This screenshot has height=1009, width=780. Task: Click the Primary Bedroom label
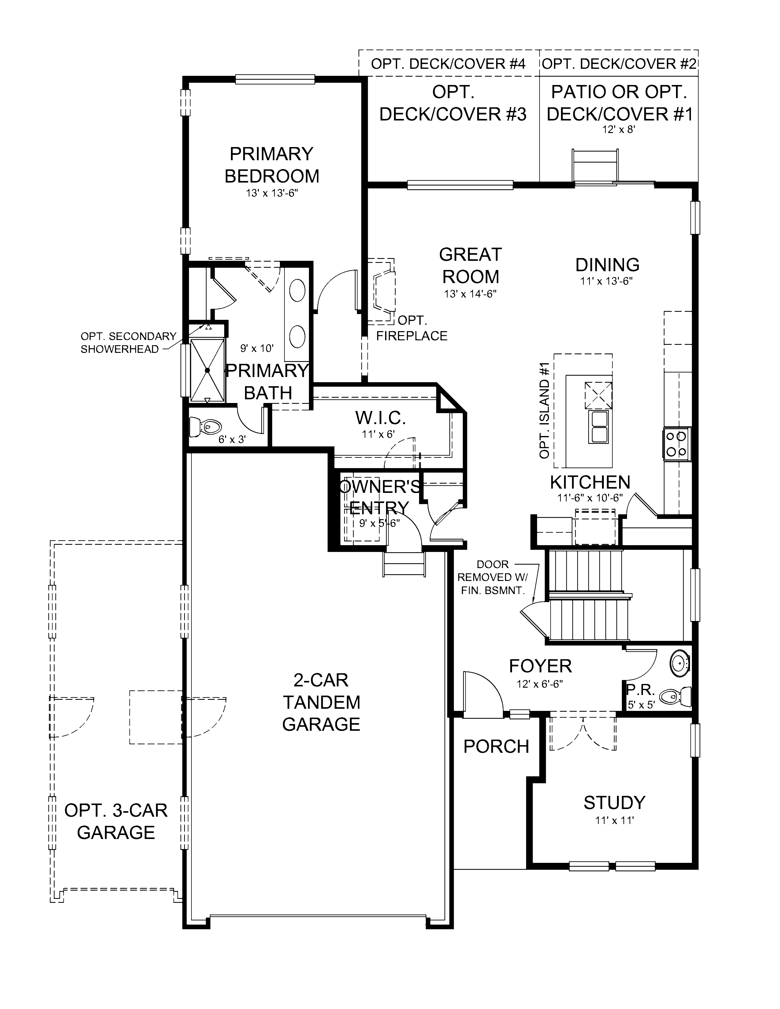(x=272, y=165)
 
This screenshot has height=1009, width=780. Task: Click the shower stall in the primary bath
(x=207, y=370)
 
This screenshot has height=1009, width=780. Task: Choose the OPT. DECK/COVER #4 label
(x=448, y=64)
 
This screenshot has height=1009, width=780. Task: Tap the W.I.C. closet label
(x=380, y=418)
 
